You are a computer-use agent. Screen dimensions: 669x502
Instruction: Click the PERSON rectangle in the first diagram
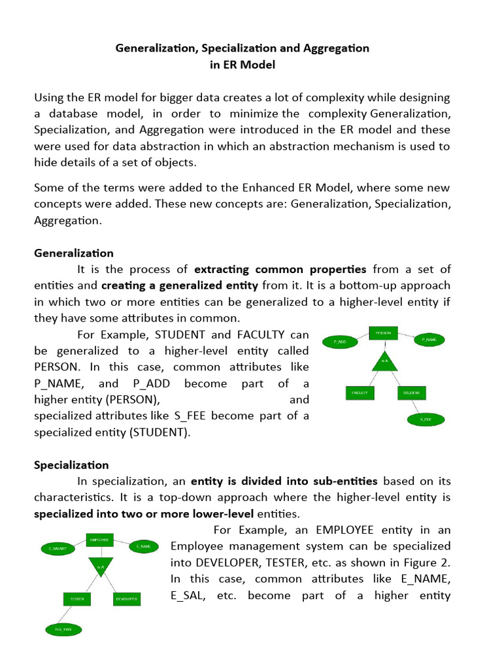coord(384,333)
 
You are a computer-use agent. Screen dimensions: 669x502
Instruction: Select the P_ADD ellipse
coord(339,341)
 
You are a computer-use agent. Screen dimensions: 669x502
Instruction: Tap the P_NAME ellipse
coord(429,340)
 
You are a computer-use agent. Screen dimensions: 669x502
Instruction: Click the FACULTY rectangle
coord(360,393)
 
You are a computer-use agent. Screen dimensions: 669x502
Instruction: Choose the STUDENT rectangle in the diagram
coord(411,393)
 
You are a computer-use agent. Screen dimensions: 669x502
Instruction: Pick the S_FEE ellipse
coord(426,419)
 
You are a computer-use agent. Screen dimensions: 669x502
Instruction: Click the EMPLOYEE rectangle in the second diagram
coord(100,540)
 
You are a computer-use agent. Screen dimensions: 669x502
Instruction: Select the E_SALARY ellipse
coord(58,549)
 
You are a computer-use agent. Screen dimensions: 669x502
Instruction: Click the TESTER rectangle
coord(76,598)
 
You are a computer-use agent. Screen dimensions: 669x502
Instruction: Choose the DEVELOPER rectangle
coord(125,598)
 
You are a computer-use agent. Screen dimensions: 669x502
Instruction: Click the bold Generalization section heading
coord(74,253)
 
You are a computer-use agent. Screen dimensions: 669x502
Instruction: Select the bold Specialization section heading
coord(71,465)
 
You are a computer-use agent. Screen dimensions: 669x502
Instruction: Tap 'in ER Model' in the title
coord(243,65)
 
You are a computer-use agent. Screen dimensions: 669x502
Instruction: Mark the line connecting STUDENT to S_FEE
coord(418,406)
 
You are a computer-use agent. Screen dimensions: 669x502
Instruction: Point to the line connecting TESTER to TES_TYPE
coord(69,614)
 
